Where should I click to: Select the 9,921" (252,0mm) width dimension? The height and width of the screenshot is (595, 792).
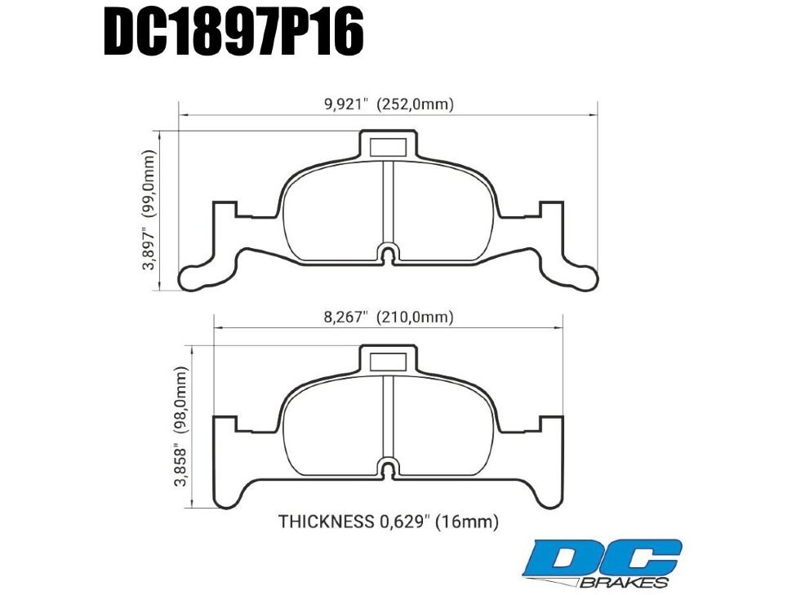click(389, 104)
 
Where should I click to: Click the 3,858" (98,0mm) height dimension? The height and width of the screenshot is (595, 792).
click(181, 425)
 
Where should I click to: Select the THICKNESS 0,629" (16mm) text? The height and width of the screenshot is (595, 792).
click(389, 521)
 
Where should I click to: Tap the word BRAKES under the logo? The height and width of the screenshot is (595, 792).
click(625, 582)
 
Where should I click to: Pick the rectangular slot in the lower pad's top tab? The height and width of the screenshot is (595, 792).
click(389, 360)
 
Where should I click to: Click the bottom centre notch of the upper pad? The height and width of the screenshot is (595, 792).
click(389, 252)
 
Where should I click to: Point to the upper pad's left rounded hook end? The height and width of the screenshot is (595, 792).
click(196, 278)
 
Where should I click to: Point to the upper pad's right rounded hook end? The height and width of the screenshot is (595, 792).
click(581, 278)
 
